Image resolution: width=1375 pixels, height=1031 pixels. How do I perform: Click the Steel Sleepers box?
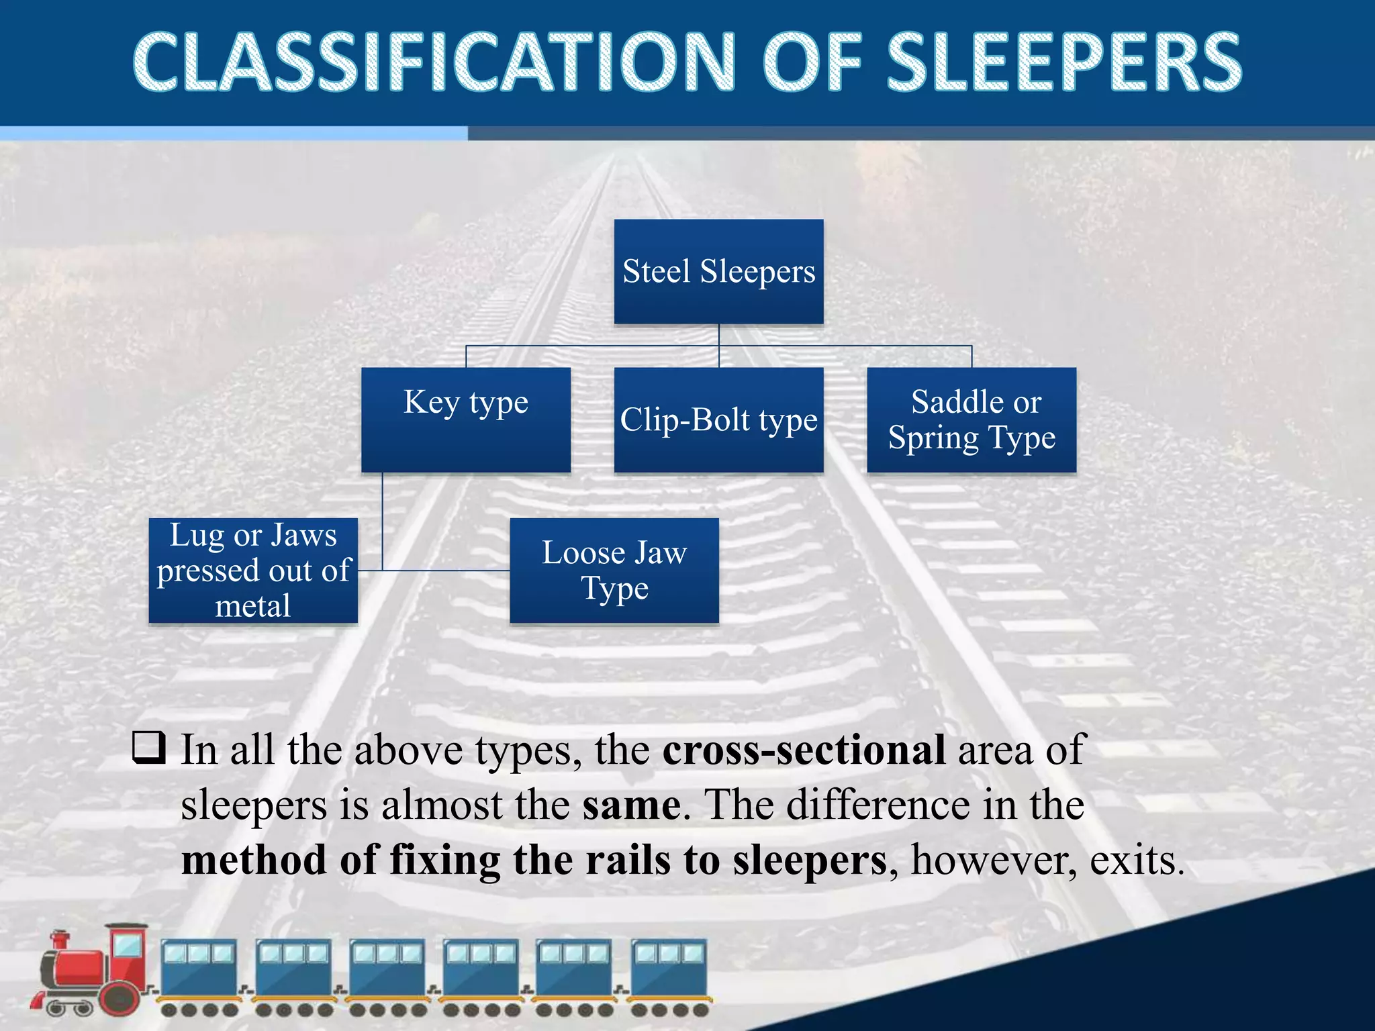[x=718, y=272]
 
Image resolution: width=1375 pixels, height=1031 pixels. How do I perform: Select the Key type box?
[x=466, y=420]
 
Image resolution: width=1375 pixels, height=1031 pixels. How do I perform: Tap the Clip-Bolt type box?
[x=718, y=420]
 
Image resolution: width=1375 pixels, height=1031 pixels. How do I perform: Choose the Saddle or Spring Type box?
[x=971, y=420]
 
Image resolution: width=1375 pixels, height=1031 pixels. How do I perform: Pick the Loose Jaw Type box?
[x=614, y=571]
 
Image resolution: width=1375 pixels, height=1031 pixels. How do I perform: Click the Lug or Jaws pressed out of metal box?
[x=253, y=571]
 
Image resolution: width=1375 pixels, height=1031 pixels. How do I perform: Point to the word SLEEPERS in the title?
[x=1064, y=62]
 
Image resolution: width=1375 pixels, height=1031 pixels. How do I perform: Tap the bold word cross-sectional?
[x=804, y=750]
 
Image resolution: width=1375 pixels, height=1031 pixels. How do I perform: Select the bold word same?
[x=631, y=805]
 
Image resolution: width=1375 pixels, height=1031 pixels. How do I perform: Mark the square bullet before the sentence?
[x=149, y=748]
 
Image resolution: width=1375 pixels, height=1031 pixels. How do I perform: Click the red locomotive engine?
[x=94, y=970]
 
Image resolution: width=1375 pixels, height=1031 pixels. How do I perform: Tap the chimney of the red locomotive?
[x=60, y=940]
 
